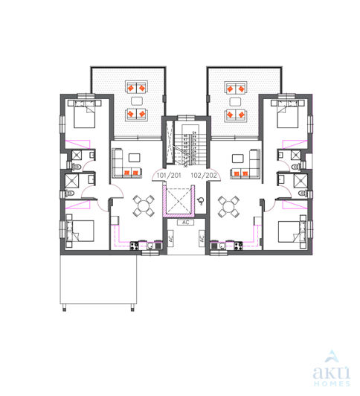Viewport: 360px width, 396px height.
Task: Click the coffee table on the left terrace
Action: pos(136,100)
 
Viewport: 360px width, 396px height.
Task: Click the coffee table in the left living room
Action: pos(133,158)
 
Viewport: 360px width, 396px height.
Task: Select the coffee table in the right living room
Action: pos(238,158)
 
